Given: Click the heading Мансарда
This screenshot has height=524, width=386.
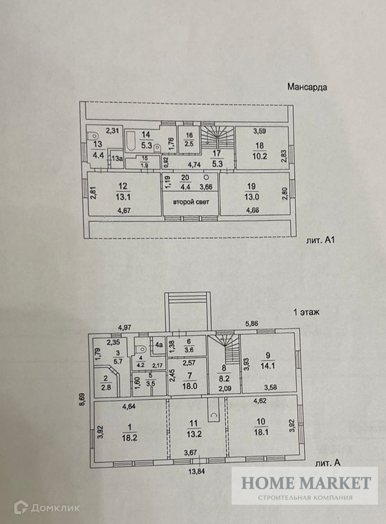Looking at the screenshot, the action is point(307,88).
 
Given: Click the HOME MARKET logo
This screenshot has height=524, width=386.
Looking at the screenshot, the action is point(306,485).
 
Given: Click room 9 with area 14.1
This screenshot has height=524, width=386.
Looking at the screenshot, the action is point(268,361).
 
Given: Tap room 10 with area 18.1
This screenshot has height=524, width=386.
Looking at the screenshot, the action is point(261,426).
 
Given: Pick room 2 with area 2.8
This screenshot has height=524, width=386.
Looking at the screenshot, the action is point(107,384).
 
